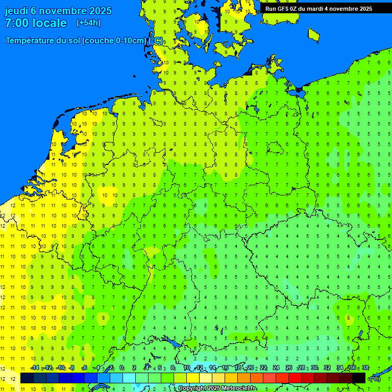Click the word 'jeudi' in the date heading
[x=17, y=11]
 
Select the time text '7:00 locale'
[x=36, y=23]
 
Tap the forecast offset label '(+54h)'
[x=88, y=23]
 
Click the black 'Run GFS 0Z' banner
[x=318, y=9]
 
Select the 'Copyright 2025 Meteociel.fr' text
[x=217, y=388]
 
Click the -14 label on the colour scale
[x=35, y=368]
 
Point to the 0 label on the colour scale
[x=121, y=368]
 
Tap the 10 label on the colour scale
[x=186, y=368]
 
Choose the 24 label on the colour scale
[x=276, y=368]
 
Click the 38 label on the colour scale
[x=365, y=368]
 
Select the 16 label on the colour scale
[x=225, y=368]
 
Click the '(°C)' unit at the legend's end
[x=375, y=378]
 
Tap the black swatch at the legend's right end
[x=359, y=378]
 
